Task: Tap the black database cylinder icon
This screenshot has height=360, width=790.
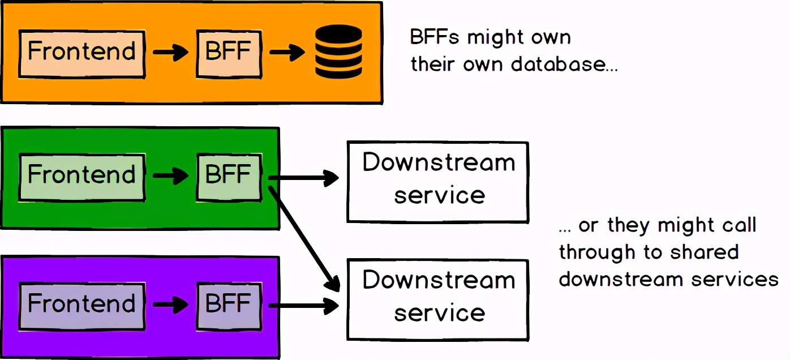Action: coord(338,52)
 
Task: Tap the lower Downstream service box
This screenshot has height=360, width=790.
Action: coord(437,299)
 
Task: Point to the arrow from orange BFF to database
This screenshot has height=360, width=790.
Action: coord(287,53)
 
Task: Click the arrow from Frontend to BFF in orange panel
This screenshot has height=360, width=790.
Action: coord(170,53)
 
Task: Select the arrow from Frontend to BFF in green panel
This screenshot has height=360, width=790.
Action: coord(170,176)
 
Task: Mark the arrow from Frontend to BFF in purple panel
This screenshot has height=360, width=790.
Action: coord(170,306)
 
